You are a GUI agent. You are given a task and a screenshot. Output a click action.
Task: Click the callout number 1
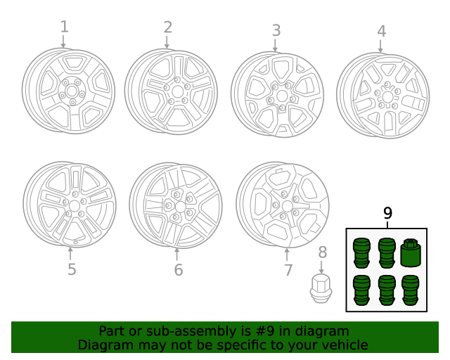pyautogui.click(x=65, y=27)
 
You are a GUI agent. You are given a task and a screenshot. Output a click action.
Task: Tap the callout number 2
pyautogui.click(x=168, y=27)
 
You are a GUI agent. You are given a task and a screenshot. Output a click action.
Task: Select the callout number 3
pyautogui.click(x=276, y=30)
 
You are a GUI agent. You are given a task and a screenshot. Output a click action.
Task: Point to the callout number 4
pyautogui.click(x=381, y=31)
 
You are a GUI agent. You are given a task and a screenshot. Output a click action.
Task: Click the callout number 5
pyautogui.click(x=72, y=269)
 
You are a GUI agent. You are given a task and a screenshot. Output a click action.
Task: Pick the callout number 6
pyautogui.click(x=179, y=270)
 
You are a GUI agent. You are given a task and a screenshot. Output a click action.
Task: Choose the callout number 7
pyautogui.click(x=288, y=270)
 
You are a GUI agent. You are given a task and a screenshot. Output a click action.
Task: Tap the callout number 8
pyautogui.click(x=323, y=252)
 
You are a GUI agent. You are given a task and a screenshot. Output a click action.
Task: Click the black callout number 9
pyautogui.click(x=387, y=213)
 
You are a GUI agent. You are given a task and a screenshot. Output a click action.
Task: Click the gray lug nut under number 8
pyautogui.click(x=321, y=288)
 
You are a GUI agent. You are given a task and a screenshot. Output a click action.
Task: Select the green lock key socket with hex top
pyautogui.click(x=411, y=252)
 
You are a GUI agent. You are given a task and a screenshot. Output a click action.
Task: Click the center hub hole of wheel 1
pyautogui.click(x=70, y=92)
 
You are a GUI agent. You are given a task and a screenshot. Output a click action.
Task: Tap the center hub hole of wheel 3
pyautogui.click(x=283, y=96)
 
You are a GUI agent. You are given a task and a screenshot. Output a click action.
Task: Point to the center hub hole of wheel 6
pyautogui.click(x=180, y=207)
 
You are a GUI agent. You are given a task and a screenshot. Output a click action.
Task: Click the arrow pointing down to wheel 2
pyautogui.click(x=167, y=42)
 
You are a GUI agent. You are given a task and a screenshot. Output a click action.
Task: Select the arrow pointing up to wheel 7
pyautogui.click(x=287, y=255)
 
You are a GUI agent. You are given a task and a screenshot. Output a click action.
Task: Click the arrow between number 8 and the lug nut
pyautogui.click(x=321, y=267)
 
